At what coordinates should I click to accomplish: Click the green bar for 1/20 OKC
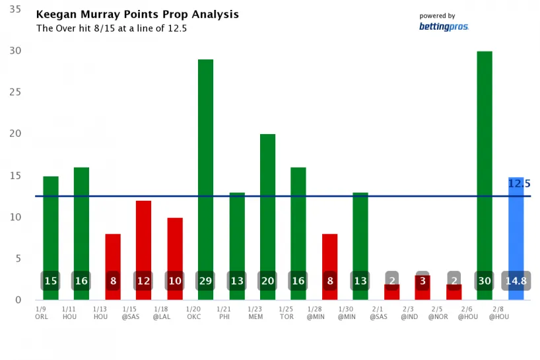[205, 165]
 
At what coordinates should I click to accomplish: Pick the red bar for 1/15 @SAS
[143, 238]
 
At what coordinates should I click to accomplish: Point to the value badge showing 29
[205, 281]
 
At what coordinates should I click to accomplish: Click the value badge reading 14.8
[516, 281]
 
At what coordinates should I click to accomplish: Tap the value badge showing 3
[422, 281]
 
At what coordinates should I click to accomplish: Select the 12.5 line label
[519, 183]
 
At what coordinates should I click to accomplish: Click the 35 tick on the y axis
[14, 9]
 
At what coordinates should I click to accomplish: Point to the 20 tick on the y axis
[14, 133]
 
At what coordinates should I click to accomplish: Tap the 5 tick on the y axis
[18, 258]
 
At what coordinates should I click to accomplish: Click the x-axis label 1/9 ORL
[42, 312]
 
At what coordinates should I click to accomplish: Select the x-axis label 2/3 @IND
[409, 312]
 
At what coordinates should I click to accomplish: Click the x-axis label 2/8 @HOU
[498, 312]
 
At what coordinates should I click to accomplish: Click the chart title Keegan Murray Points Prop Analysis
[137, 15]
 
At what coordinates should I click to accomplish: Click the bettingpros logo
[444, 26]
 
